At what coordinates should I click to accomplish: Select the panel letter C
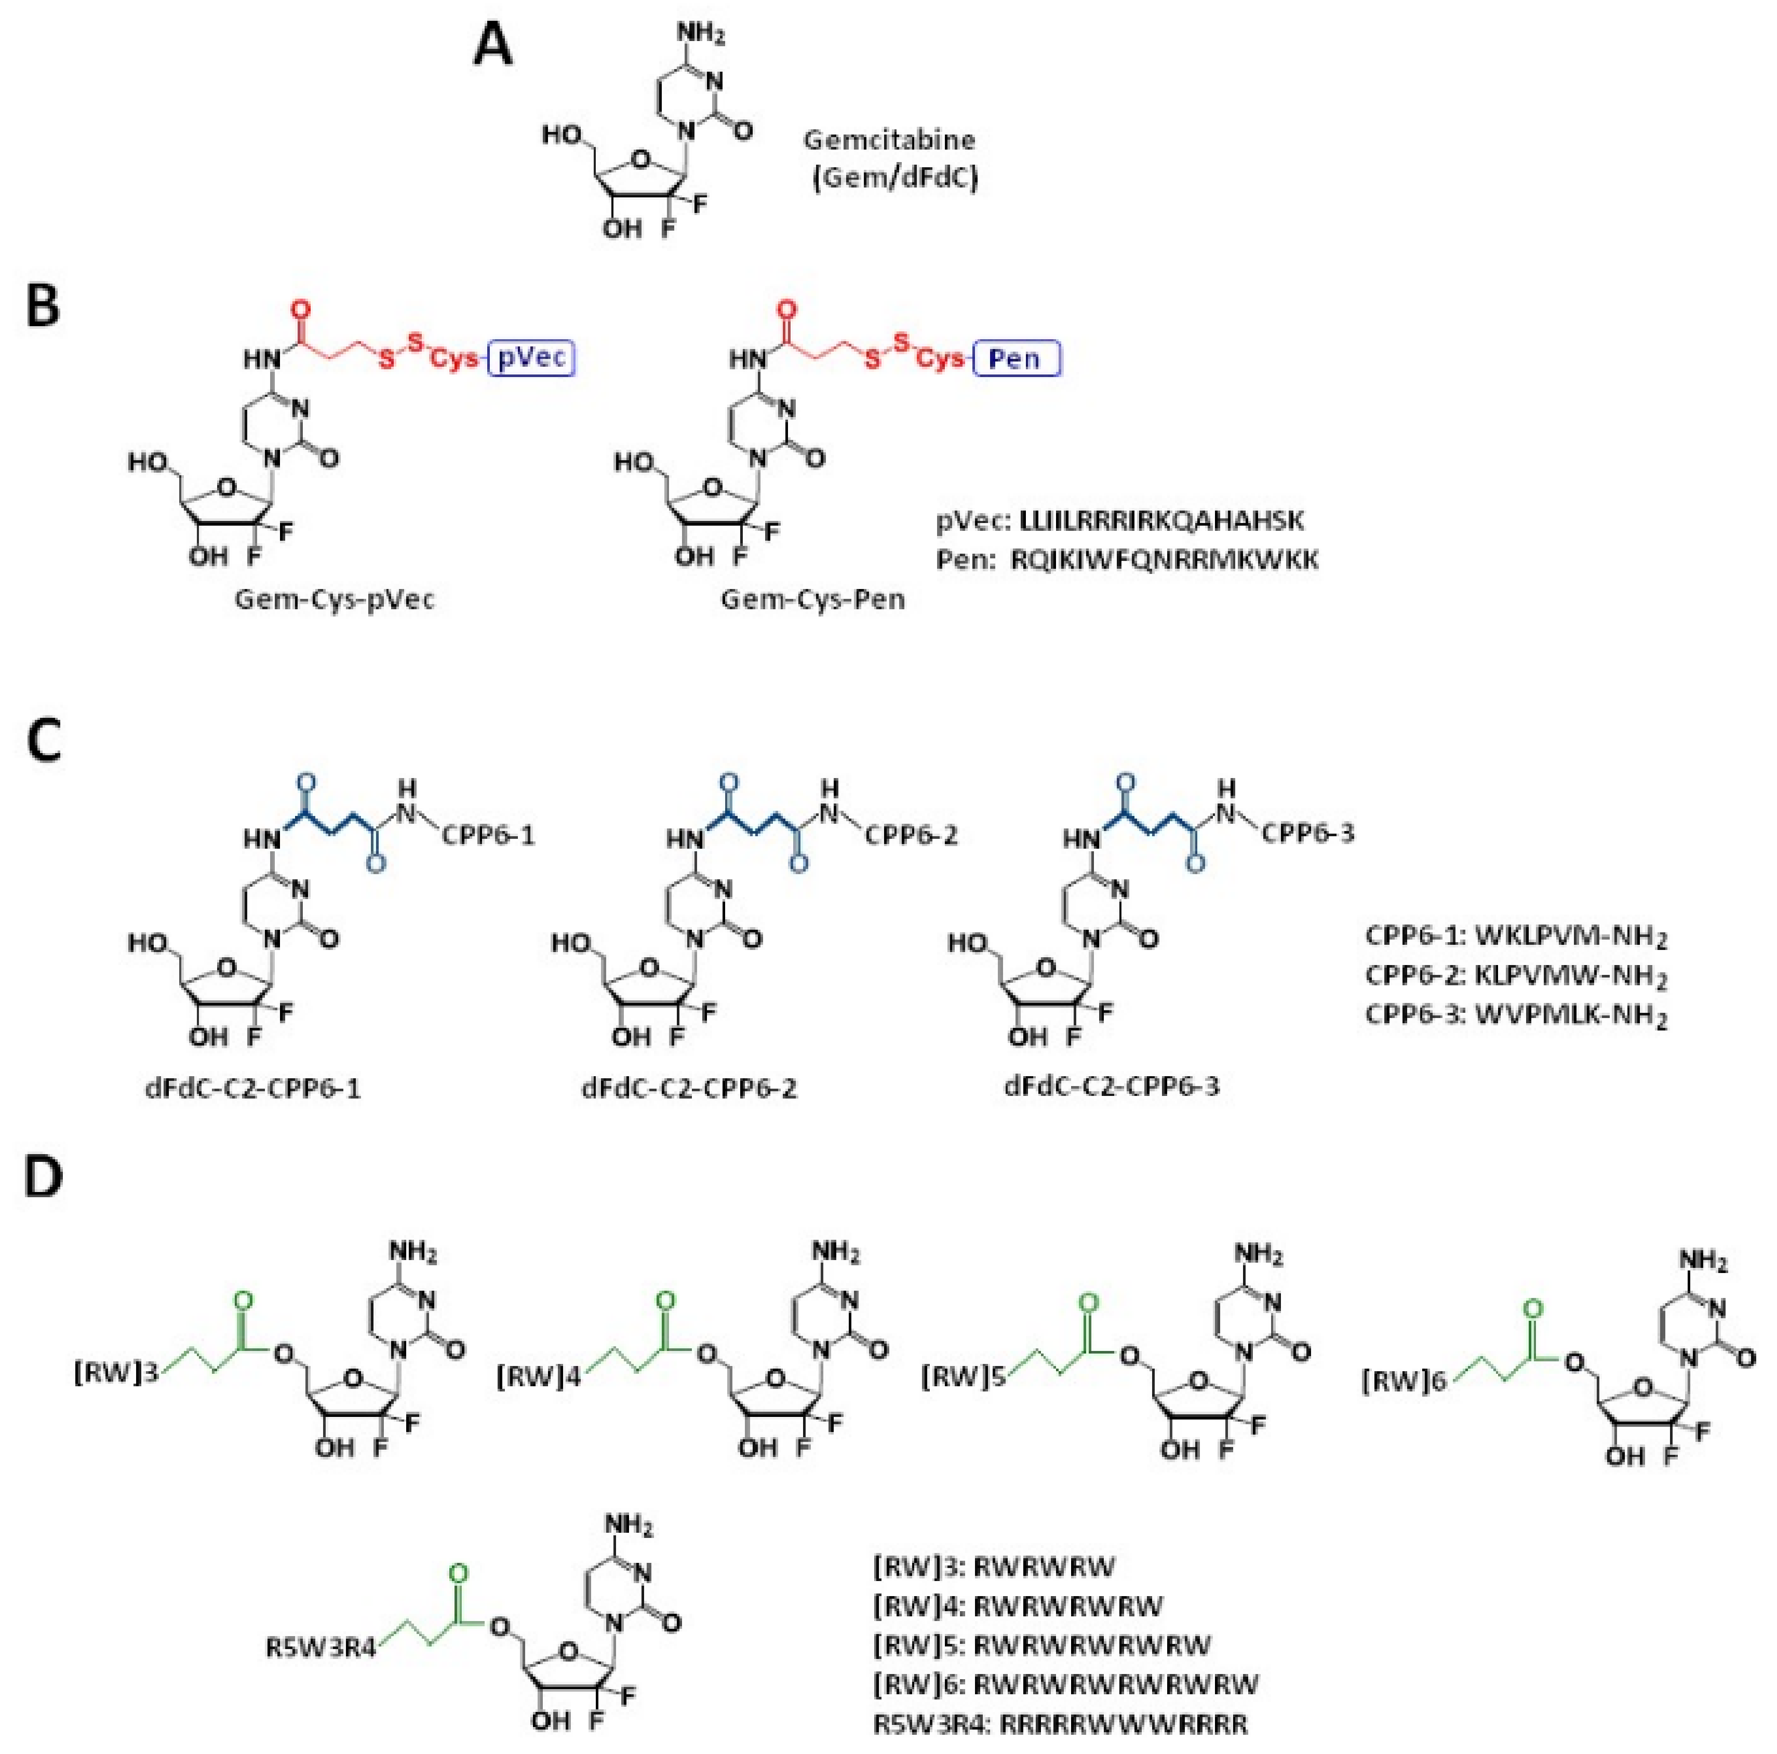click(x=43, y=742)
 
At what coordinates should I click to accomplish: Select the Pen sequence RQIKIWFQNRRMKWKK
click(x=1165, y=559)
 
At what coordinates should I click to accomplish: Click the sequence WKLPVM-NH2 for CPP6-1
click(x=1571, y=937)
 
